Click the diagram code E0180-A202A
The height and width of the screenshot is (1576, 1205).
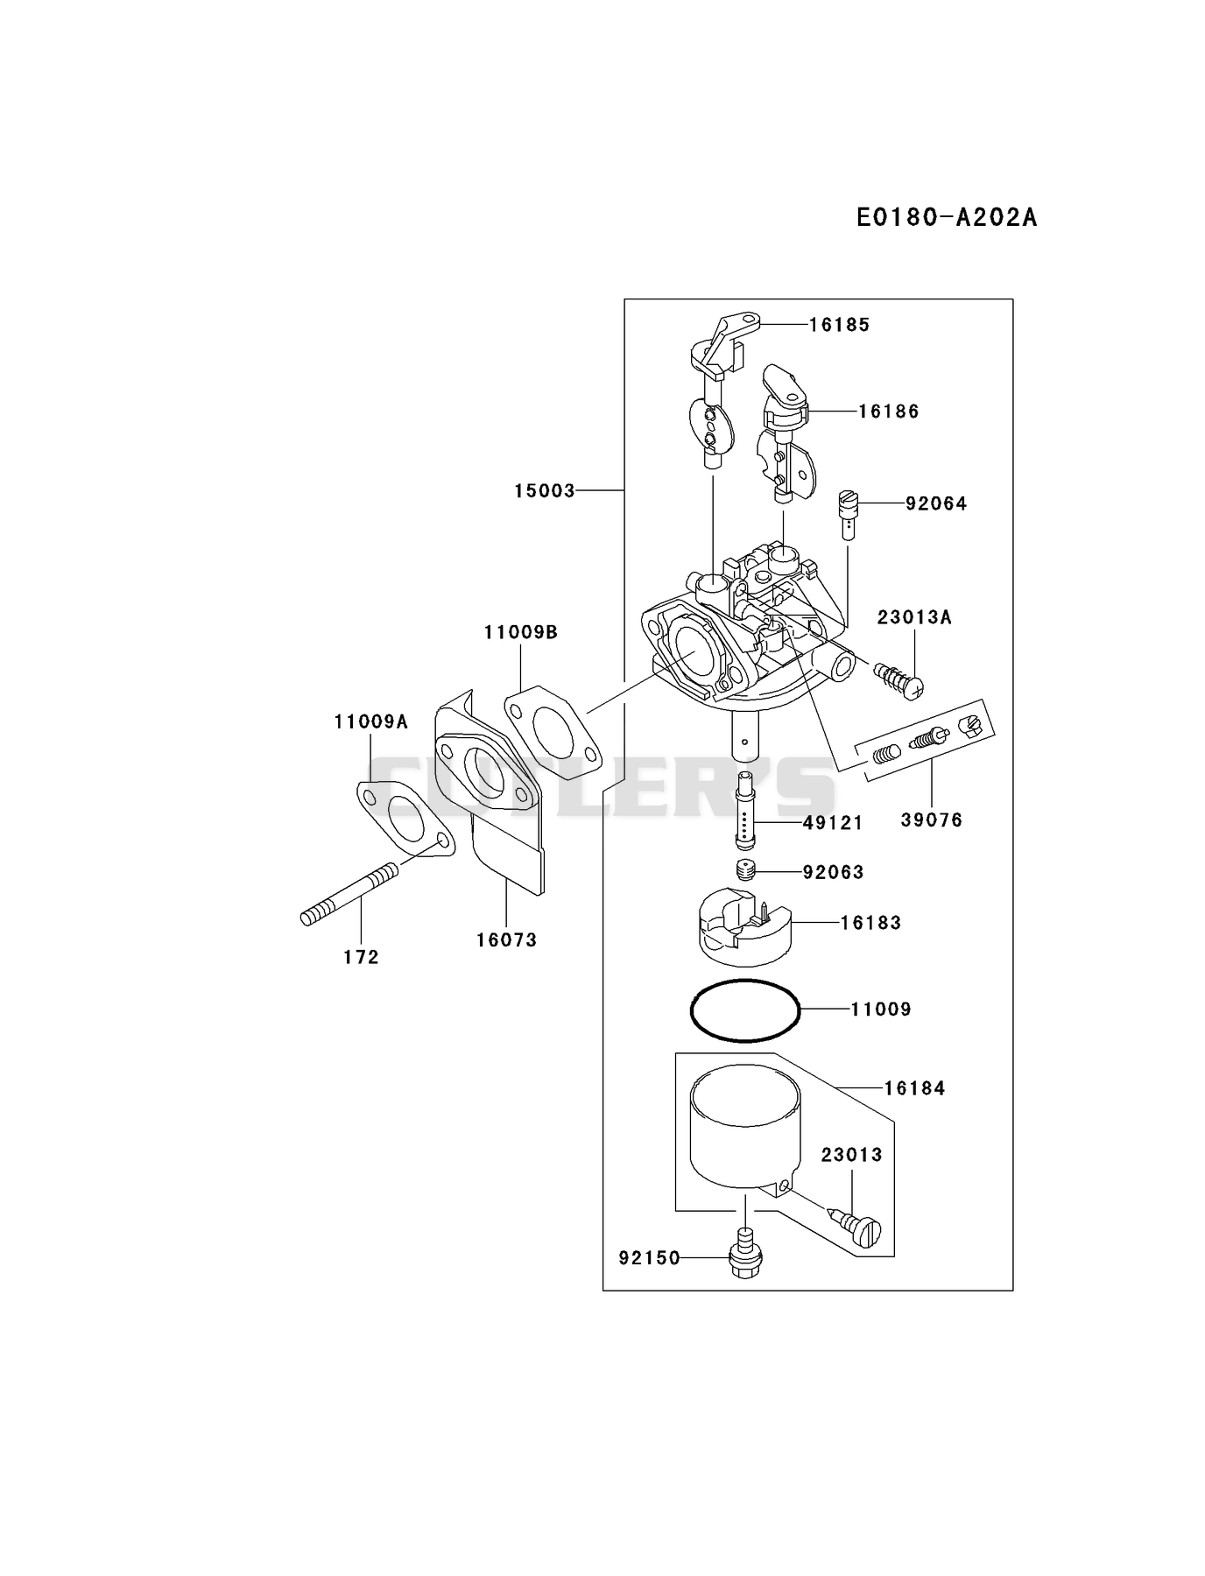coord(946,217)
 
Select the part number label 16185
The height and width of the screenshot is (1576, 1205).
coord(839,325)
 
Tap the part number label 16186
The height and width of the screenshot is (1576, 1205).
coord(888,412)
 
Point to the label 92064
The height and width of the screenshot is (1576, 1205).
coord(936,503)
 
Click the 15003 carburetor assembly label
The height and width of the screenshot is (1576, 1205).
coord(545,491)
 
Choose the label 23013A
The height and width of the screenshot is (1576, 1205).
coord(914,617)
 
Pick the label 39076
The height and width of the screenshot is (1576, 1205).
coord(932,820)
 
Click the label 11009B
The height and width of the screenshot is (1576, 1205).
coord(520,632)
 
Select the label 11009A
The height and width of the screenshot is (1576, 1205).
coord(370,722)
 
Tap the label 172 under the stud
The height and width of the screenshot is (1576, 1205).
coord(361,958)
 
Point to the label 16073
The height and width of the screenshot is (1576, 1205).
coord(506,940)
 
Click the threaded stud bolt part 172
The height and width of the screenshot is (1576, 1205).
coord(349,894)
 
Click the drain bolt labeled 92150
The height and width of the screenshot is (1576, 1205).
coord(745,1254)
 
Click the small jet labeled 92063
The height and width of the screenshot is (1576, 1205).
coord(745,872)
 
